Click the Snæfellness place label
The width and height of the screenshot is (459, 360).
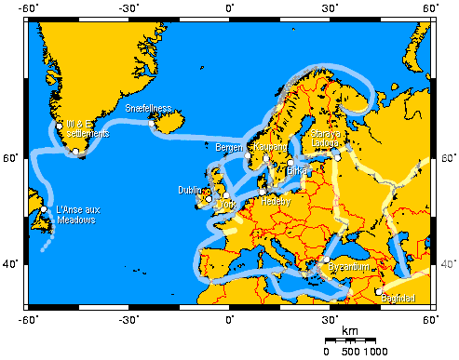[x=148, y=108]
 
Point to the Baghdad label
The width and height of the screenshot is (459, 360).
[x=398, y=299]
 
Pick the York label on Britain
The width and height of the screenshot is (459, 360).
[x=225, y=204]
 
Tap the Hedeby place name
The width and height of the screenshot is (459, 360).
[x=277, y=200]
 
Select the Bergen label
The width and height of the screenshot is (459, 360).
[x=228, y=147]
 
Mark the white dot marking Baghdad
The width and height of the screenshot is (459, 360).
[x=379, y=291]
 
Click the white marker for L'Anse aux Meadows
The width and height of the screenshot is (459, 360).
[x=44, y=209]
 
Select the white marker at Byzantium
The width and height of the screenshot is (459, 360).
[x=327, y=260]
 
